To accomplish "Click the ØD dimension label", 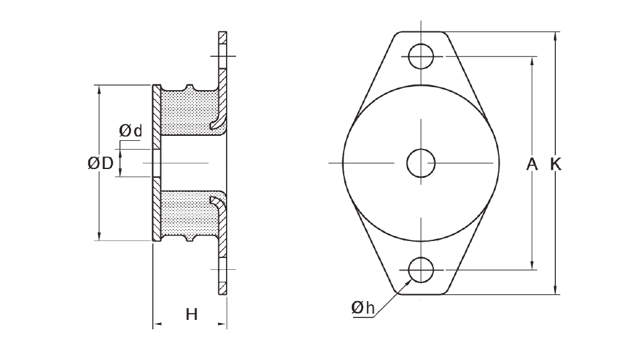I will [x=100, y=163].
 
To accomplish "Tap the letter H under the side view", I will [x=192, y=314].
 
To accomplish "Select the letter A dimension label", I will [x=532, y=164].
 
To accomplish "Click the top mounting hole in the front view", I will [x=421, y=56].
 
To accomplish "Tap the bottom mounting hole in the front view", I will [x=421, y=270].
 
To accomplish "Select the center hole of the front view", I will [x=421, y=163].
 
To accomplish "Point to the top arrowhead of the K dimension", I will [x=556, y=36].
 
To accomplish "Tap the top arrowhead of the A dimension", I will [x=532, y=61].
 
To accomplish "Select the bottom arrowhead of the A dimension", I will [x=532, y=265].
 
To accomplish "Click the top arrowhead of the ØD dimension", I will [x=99, y=89].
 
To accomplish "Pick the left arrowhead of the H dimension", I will [x=157, y=324].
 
